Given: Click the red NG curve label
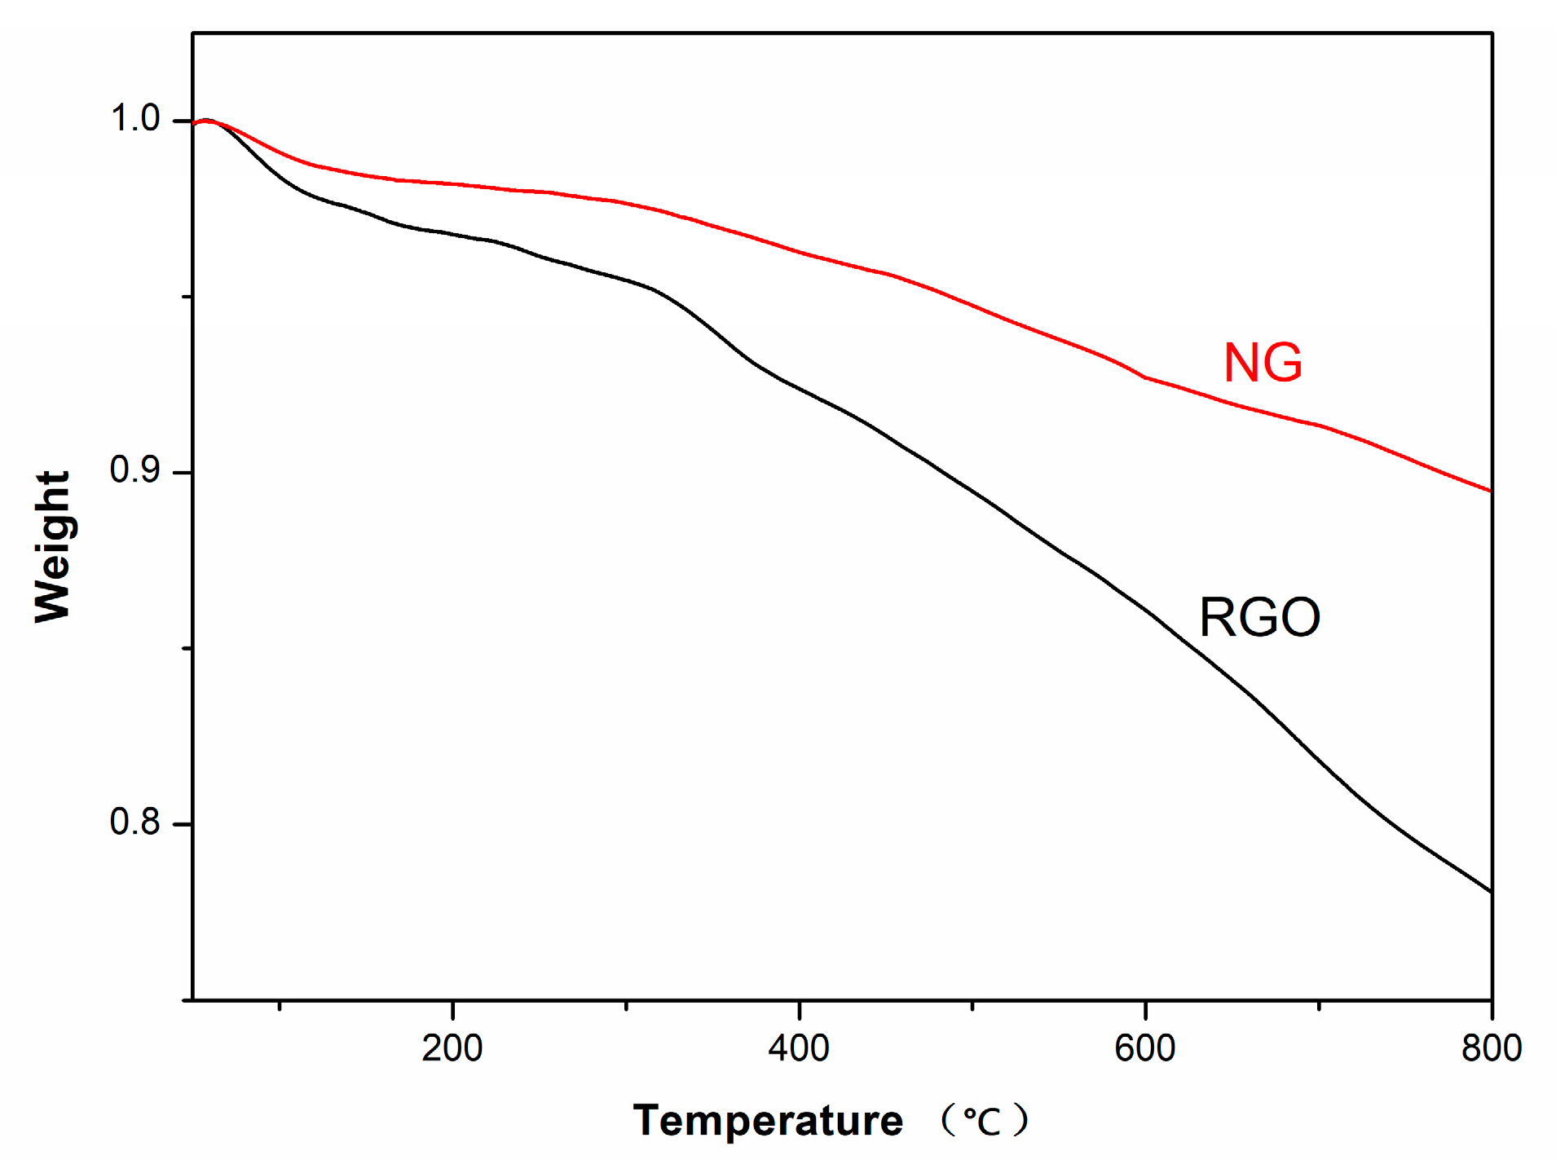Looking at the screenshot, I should pos(1263,362).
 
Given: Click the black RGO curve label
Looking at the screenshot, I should pos(1259,617).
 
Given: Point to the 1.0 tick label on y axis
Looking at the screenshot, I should pos(134,118).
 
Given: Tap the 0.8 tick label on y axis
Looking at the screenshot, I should pos(134,822).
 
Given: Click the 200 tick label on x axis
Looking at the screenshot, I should pos(452,1048).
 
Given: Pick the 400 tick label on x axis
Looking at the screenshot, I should pos(799,1048).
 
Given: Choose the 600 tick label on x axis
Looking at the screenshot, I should pos(1145,1048).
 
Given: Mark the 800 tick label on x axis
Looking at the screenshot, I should pos(1492,1048).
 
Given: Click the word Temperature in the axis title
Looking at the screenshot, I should pos(768,1120).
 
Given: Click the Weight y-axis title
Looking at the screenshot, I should pos(53,546).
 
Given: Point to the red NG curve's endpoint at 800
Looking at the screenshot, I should pos(1491,491).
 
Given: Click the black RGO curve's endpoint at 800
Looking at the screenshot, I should pos(1491,892).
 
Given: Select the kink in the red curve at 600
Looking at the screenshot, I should pos(1145,377).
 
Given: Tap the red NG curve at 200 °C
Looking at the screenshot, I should pos(452,183).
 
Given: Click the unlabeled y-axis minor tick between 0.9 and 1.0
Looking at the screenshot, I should pos(188,297).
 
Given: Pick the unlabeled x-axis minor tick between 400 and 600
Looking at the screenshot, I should pos(972,1006).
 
